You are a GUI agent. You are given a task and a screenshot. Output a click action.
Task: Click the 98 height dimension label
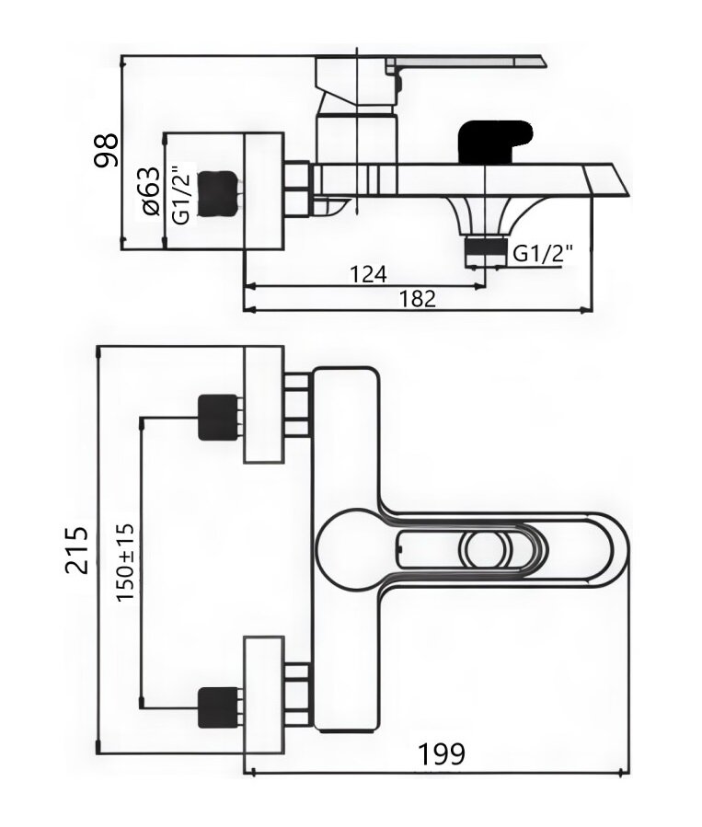(107, 150)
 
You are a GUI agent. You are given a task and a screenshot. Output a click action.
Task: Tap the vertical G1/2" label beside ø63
(181, 196)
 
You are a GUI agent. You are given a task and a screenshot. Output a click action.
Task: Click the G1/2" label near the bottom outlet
(543, 254)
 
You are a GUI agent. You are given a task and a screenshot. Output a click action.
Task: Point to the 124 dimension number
(369, 274)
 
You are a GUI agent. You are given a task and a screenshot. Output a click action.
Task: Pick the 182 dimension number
(418, 299)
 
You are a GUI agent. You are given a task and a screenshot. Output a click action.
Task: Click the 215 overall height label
(77, 549)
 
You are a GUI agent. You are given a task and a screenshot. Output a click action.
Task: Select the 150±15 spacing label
(125, 562)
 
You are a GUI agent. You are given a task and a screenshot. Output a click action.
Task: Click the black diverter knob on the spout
(493, 142)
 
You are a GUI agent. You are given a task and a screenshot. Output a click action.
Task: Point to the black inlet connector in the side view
(217, 193)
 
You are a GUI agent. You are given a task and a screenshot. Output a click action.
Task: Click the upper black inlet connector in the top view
(217, 418)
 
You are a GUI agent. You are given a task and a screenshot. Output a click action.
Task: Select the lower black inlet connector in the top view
(217, 708)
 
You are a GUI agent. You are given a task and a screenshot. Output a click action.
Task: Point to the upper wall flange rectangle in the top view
(264, 405)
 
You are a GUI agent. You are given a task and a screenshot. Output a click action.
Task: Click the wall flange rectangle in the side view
(264, 190)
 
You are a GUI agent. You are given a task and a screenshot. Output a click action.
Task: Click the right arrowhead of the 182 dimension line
(585, 310)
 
